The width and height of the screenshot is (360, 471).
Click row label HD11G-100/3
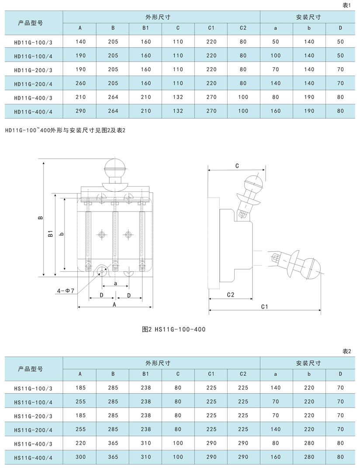pyautogui.click(x=33, y=43)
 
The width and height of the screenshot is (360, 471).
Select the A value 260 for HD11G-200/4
pyautogui.click(x=80, y=83)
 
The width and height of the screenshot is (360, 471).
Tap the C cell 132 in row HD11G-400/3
pyautogui.click(x=178, y=97)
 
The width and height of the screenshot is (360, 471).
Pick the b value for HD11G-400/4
pyautogui.click(x=309, y=111)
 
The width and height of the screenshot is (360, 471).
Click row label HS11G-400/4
pyautogui.click(x=33, y=458)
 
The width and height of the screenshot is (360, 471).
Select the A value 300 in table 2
pyautogui.click(x=80, y=457)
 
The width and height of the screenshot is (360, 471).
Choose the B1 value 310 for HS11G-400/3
pyautogui.click(x=146, y=443)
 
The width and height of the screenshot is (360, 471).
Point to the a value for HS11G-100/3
pyautogui.click(x=276, y=388)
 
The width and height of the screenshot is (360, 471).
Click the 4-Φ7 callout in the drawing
pyautogui.click(x=66, y=291)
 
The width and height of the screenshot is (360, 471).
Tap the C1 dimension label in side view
pyautogui.click(x=264, y=307)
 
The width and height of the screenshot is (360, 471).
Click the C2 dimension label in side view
pyautogui.click(x=231, y=294)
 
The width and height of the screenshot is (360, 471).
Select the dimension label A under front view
pyautogui.click(x=114, y=304)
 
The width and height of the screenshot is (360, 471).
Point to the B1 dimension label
pyautogui.click(x=50, y=233)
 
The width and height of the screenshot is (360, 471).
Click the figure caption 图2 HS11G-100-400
pyautogui.click(x=173, y=329)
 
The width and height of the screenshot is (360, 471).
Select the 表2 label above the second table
pyautogui.click(x=346, y=351)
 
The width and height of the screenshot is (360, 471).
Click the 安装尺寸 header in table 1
pyautogui.click(x=308, y=17)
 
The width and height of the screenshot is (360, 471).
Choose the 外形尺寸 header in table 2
pyautogui.click(x=158, y=363)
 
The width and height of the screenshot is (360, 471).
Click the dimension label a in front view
pyautogui.click(x=116, y=283)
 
